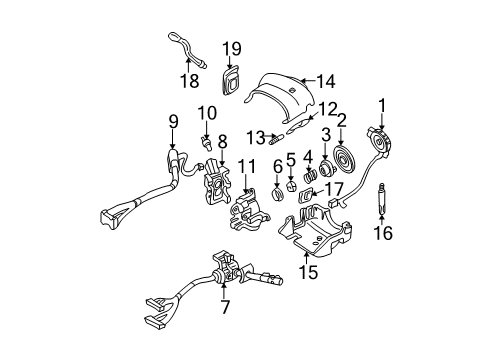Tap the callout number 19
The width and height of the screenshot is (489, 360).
232,48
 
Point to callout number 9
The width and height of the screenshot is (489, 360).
174,121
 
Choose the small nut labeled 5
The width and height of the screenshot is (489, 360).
290,182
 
